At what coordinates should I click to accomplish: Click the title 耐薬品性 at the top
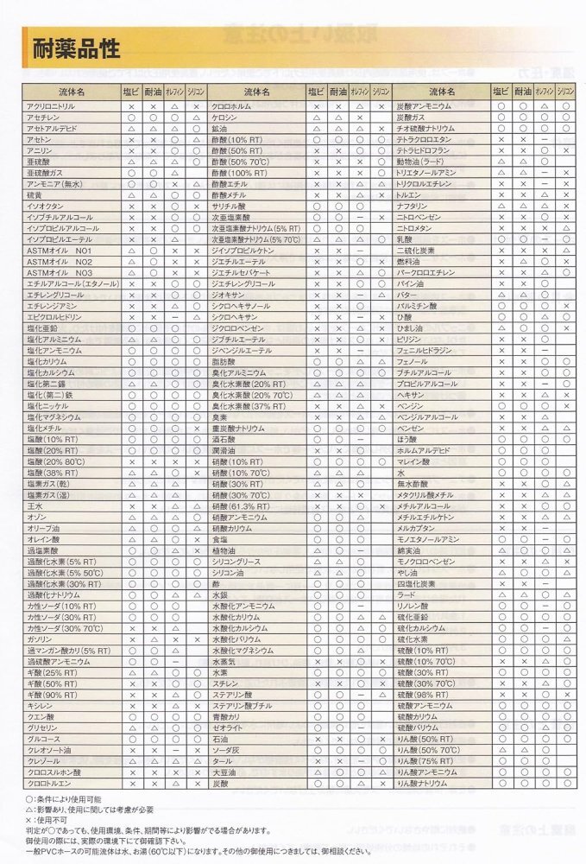pyautogui.click(x=72, y=48)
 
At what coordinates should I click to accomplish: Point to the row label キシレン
pyautogui.click(x=41, y=705)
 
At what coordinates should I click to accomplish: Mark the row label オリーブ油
pyautogui.click(x=44, y=527)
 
